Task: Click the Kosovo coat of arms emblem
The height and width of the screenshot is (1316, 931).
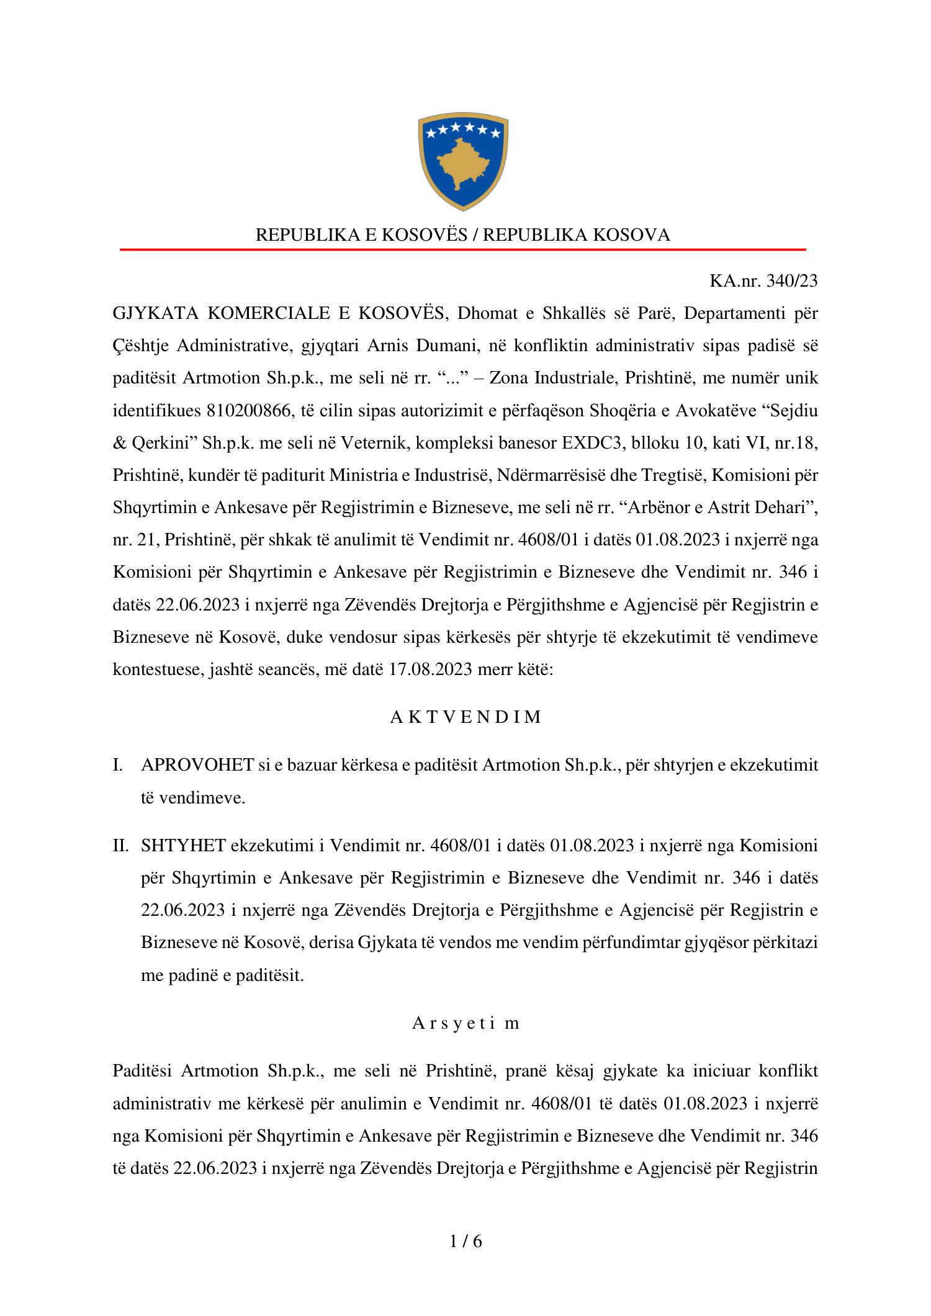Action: (463, 161)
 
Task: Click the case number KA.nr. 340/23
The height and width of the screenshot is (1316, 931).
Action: (763, 281)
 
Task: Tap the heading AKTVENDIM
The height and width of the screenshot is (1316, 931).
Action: (465, 717)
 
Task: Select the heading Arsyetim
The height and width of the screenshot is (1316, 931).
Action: (465, 1023)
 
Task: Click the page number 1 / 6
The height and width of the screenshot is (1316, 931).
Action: (465, 1241)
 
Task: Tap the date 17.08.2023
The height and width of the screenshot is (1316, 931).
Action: (430, 669)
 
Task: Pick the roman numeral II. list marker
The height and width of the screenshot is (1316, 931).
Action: (120, 846)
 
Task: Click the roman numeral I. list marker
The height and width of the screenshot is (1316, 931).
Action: (117, 765)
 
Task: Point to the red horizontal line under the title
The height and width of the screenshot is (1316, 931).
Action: (463, 249)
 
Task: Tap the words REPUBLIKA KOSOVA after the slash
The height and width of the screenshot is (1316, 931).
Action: (577, 235)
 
